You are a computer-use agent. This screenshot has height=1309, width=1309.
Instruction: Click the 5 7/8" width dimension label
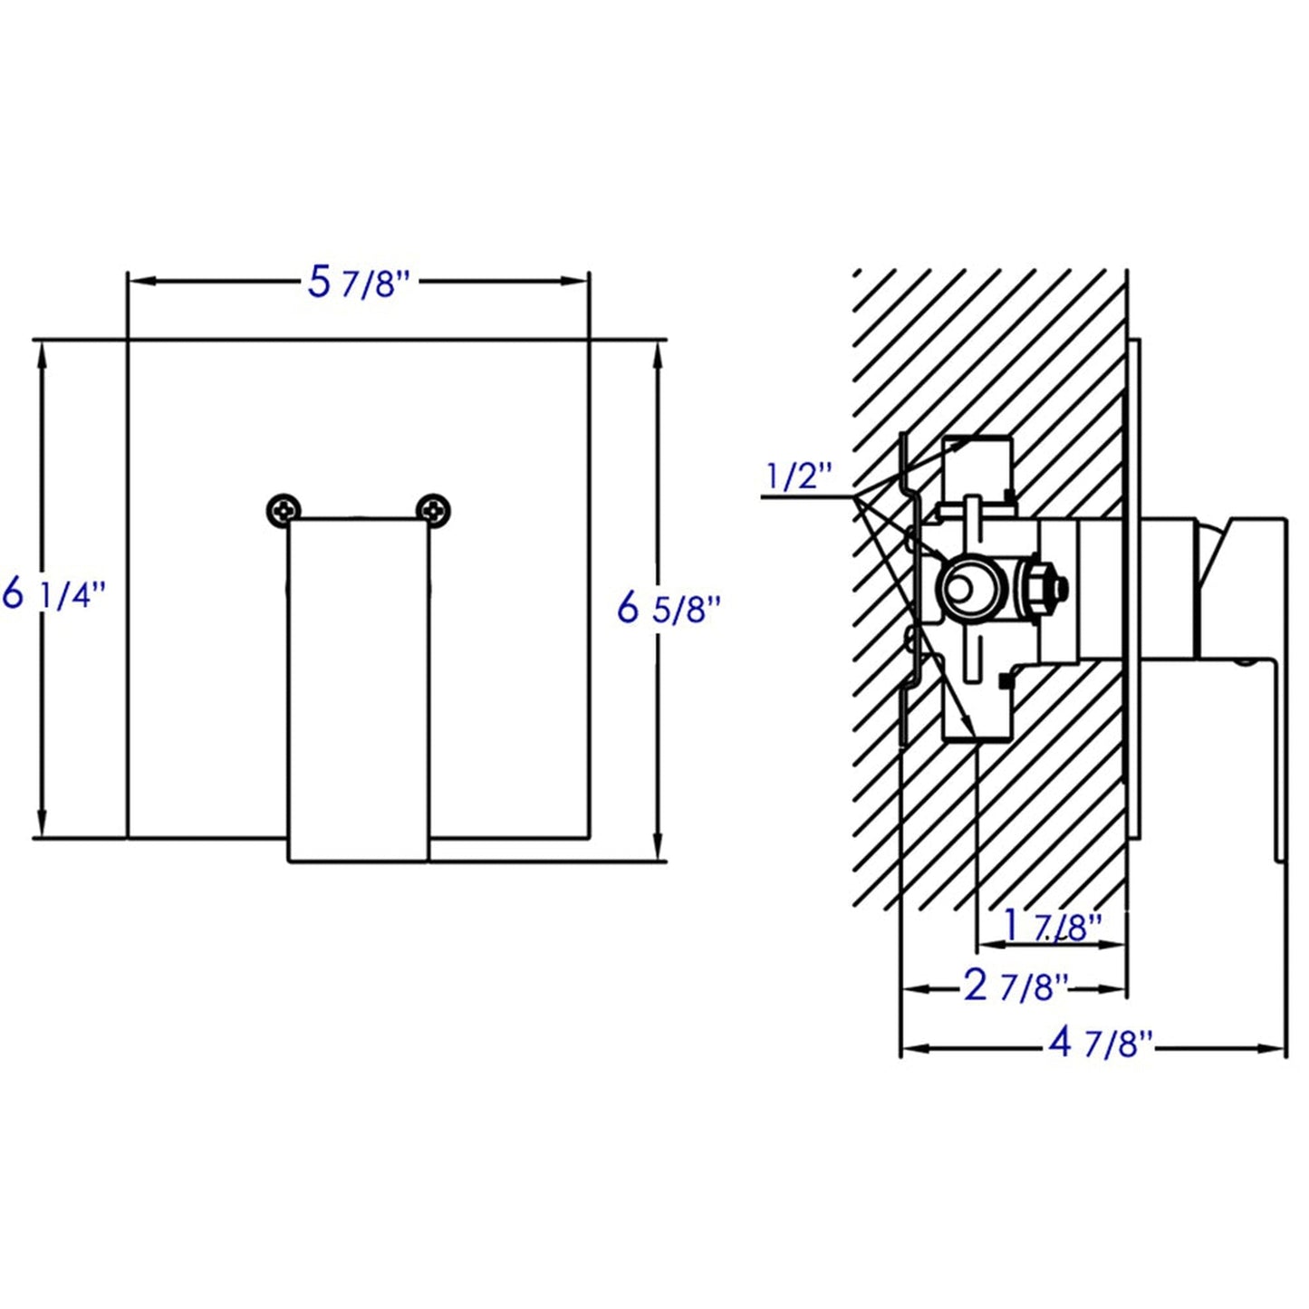click(x=360, y=283)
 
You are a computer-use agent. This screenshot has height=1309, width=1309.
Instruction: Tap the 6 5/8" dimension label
click(x=669, y=608)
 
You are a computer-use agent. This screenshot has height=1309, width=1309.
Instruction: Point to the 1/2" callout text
click(x=799, y=476)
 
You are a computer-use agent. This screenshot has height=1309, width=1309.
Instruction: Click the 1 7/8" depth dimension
click(x=1053, y=926)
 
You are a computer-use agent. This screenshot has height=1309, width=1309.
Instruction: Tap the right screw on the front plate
click(x=433, y=511)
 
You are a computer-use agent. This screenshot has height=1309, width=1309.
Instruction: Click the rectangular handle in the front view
click(x=358, y=688)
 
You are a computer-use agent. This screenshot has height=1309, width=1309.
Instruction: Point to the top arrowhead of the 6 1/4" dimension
click(x=42, y=355)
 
